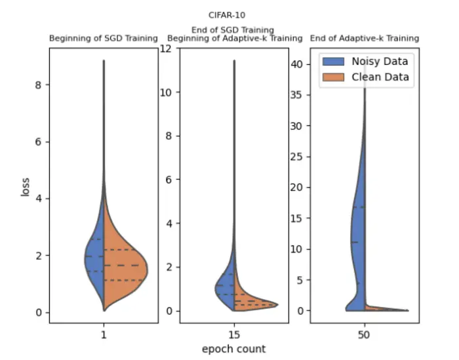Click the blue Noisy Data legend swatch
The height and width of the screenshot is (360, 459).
[x=334, y=62]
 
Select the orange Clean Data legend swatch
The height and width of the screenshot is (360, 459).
[x=334, y=77]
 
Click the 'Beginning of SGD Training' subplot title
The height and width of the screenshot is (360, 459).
[x=104, y=38]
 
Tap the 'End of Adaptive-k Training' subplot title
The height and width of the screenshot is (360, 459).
[x=365, y=38]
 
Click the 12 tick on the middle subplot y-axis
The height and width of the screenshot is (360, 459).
[x=167, y=49]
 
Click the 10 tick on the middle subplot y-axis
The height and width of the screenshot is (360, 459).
[x=167, y=92]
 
